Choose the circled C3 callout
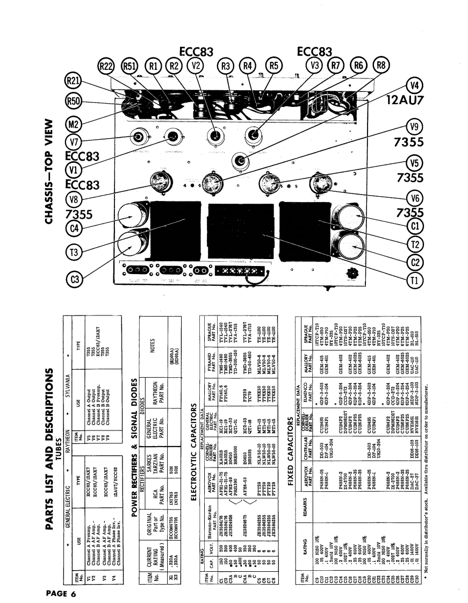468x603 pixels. point(75,279)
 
